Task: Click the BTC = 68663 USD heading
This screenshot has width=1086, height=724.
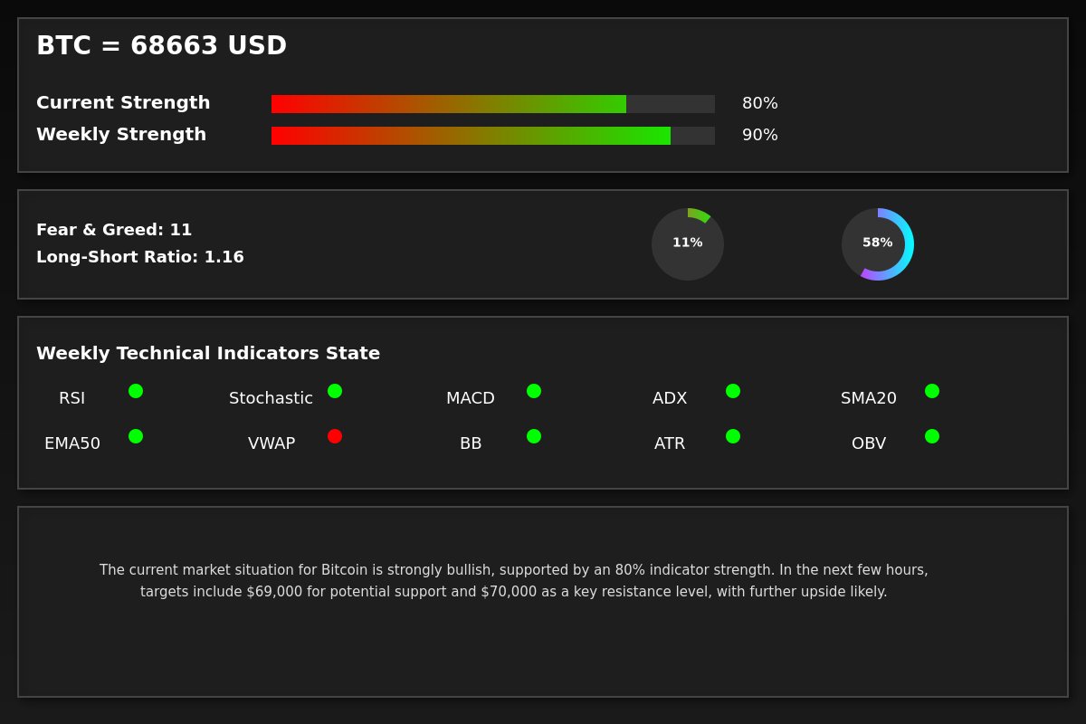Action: click(161, 46)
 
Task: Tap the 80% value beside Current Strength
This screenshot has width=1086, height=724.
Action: click(759, 103)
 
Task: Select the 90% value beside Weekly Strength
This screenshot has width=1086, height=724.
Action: click(759, 135)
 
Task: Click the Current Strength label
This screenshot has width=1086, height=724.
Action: click(123, 103)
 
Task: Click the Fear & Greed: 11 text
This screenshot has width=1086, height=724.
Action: click(114, 230)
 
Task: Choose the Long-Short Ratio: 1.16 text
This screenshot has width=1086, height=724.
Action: click(140, 257)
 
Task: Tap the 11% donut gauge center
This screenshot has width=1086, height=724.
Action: click(688, 243)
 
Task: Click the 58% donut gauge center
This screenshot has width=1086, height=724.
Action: click(878, 243)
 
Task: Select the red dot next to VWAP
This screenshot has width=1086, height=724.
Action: click(335, 436)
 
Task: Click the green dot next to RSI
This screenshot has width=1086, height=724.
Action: click(136, 391)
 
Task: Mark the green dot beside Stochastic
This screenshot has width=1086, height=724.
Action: click(335, 391)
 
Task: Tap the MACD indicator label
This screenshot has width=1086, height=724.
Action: click(471, 398)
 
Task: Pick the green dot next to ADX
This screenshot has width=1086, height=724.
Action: click(733, 391)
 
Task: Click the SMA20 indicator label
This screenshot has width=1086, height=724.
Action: click(869, 398)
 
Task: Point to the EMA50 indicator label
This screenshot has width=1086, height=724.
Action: click(72, 443)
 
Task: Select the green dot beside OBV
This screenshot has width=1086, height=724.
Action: click(932, 436)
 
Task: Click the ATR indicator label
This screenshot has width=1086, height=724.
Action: click(670, 443)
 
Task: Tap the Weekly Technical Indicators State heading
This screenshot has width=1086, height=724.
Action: click(208, 354)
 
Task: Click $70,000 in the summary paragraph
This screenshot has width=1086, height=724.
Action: click(509, 592)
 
